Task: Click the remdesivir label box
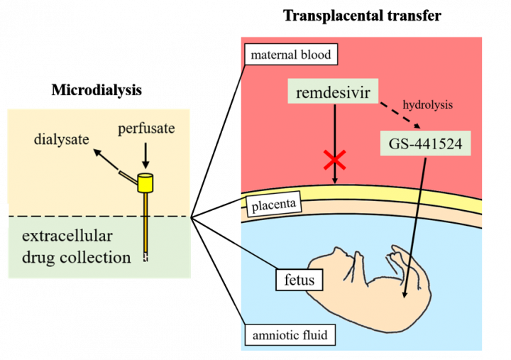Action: point(334,92)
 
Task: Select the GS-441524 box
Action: point(425,144)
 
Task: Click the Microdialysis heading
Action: point(96,91)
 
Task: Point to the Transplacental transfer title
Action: point(362,15)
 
